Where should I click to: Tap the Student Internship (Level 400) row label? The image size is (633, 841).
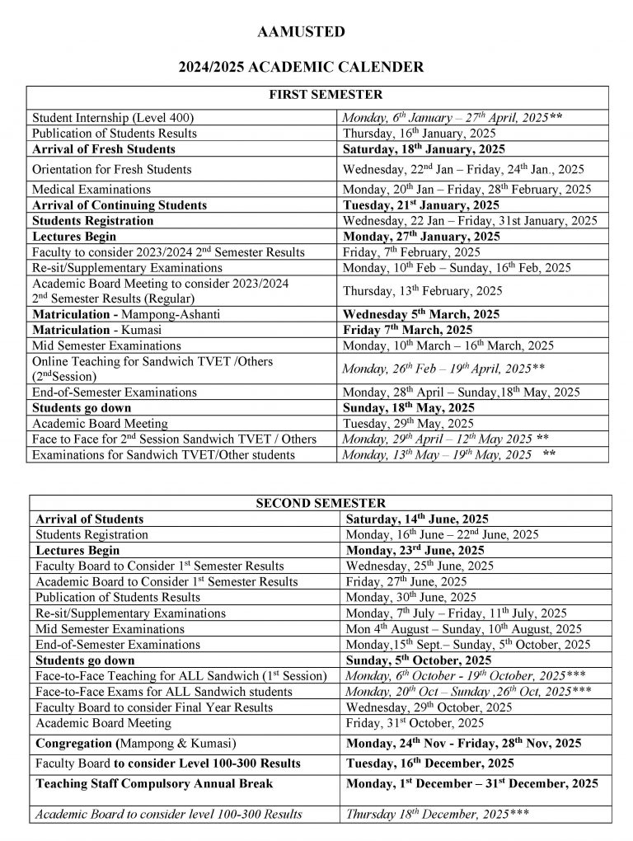[x=113, y=118]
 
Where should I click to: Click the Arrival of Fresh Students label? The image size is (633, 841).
[x=104, y=149]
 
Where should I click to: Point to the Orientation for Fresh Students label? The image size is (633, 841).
[x=111, y=169]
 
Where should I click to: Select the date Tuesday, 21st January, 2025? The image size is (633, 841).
[x=420, y=204]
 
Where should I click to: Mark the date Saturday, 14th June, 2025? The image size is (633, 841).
[x=417, y=519]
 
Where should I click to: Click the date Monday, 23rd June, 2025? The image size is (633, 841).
[x=415, y=550]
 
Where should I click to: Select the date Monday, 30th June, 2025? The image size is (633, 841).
[x=410, y=597]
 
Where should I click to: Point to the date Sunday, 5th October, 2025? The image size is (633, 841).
[x=419, y=660]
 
